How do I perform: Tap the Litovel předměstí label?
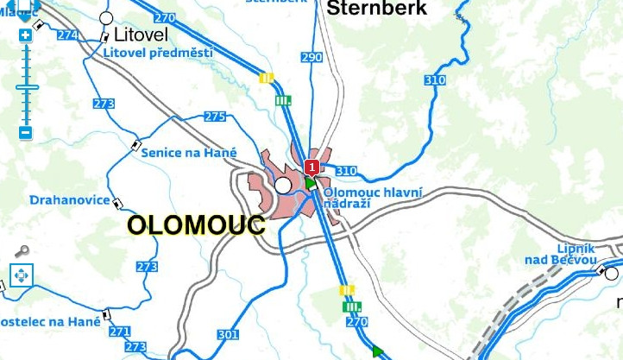[x=157, y=53]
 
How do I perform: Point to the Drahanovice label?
[x=69, y=200]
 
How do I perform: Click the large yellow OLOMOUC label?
[x=196, y=225]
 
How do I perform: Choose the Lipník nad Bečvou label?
[x=561, y=254]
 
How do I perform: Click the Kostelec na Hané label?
[x=50, y=321]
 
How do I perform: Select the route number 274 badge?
[x=67, y=35]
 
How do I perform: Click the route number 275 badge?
[x=215, y=117]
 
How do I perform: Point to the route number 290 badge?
[x=312, y=57]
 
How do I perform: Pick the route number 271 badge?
[x=119, y=332]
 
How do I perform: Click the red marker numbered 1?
[x=312, y=167]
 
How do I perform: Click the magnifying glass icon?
[x=22, y=251]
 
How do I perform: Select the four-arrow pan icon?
[x=21, y=276]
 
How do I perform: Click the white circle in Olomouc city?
[x=282, y=185]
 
